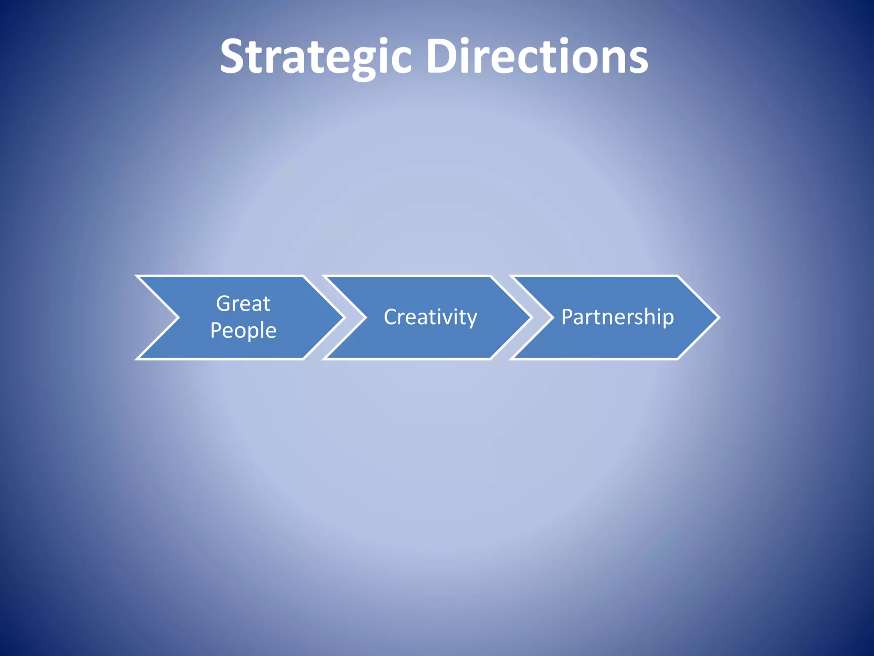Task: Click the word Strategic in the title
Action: [316, 56]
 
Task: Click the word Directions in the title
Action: [537, 56]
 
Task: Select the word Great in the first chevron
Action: [243, 304]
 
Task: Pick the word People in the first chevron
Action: [243, 331]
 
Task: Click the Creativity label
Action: [430, 317]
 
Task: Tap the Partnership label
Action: [618, 317]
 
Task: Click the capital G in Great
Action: [223, 304]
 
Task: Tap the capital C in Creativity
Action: [391, 317]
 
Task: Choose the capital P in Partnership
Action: [568, 317]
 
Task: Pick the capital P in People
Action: [216, 331]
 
